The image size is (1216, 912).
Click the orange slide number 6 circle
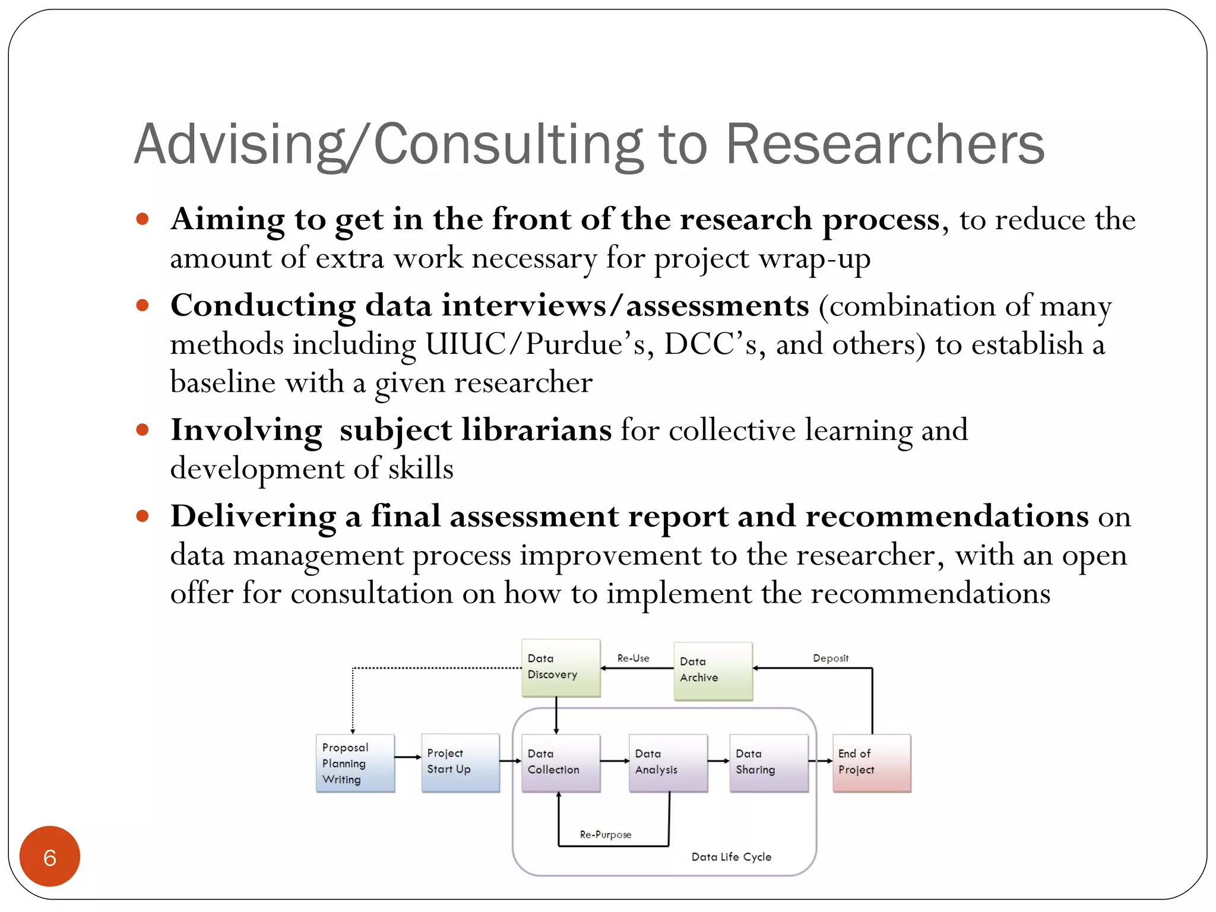pyautogui.click(x=50, y=856)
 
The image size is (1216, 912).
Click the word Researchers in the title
pyautogui.click(x=885, y=144)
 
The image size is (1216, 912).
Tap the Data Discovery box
pyautogui.click(x=560, y=668)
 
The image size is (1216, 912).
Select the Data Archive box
pyautogui.click(x=712, y=671)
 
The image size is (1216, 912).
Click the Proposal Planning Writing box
pyautogui.click(x=355, y=763)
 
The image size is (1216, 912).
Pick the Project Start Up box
pyautogui.click(x=460, y=763)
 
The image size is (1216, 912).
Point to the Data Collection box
pyautogui.click(x=560, y=763)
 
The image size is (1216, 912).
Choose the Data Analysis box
pyautogui.click(x=668, y=763)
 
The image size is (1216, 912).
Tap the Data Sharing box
pyautogui.click(x=769, y=763)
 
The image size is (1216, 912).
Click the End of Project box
pyautogui.click(x=872, y=763)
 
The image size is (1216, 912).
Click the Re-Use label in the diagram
pyautogui.click(x=633, y=658)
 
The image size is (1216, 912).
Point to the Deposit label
pyautogui.click(x=830, y=658)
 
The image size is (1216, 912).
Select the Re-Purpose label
pyautogui.click(x=606, y=834)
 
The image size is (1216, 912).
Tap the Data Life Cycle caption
pyautogui.click(x=731, y=857)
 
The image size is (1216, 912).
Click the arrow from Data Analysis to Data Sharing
pyautogui.click(x=718, y=761)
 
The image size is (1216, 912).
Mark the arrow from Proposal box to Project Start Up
pyautogui.click(x=408, y=757)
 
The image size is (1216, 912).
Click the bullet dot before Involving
pyautogui.click(x=142, y=429)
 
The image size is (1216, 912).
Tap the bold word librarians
pyautogui.click(x=536, y=429)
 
